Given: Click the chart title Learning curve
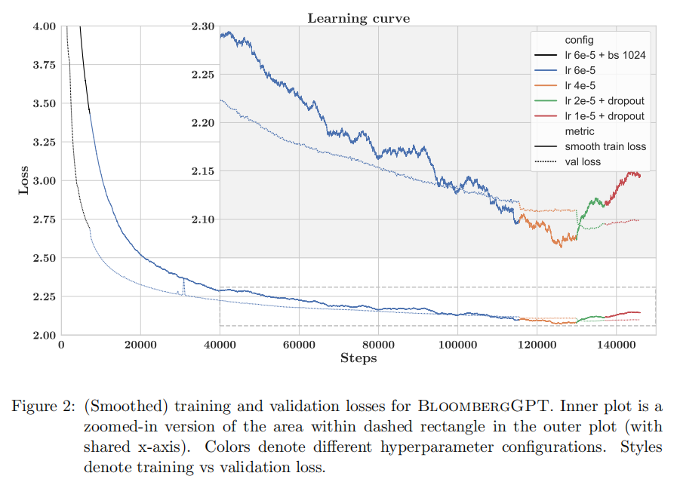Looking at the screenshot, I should click(358, 17).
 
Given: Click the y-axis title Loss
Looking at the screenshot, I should click(23, 180).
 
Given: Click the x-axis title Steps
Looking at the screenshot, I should click(358, 358).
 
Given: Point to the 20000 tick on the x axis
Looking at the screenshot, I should click(140, 345).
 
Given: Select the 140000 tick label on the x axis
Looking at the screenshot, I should click(616, 345).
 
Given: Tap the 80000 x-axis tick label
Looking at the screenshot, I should click(378, 345).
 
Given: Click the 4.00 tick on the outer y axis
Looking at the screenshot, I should click(45, 26).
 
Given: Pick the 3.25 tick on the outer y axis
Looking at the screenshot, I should click(45, 143).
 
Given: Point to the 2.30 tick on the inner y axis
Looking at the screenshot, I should click(203, 26).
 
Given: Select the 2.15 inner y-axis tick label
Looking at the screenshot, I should click(203, 171).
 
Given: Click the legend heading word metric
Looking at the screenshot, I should click(580, 131).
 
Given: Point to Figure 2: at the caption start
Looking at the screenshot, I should click(42, 407).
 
